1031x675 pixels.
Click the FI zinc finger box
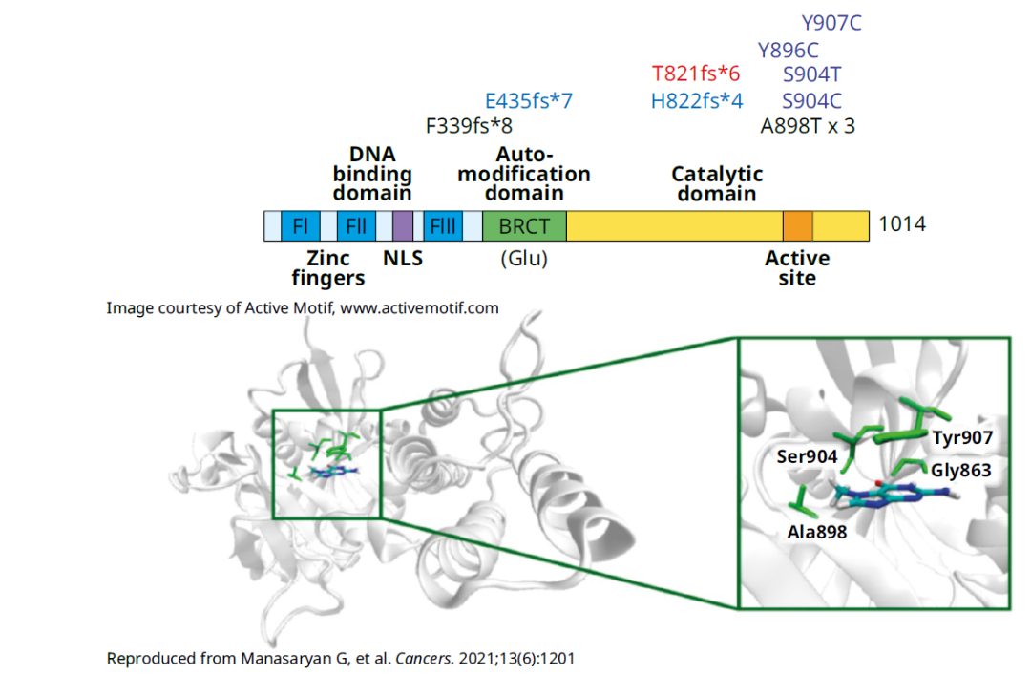point(300,226)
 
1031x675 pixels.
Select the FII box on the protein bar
point(356,226)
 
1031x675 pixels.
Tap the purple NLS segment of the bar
point(403,226)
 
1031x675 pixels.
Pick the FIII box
point(443,226)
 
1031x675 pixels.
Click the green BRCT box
point(524,226)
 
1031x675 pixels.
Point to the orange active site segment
point(797,226)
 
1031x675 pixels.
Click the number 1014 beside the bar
point(902,225)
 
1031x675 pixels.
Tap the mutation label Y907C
point(831,23)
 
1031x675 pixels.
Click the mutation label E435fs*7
point(529,101)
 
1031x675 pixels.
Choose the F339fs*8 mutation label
point(469,126)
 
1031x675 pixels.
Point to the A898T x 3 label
point(807,126)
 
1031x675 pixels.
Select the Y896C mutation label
point(788,51)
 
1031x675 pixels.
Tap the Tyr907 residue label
point(963,438)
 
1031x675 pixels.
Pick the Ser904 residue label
point(807,457)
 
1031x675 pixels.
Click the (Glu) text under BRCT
point(524,258)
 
